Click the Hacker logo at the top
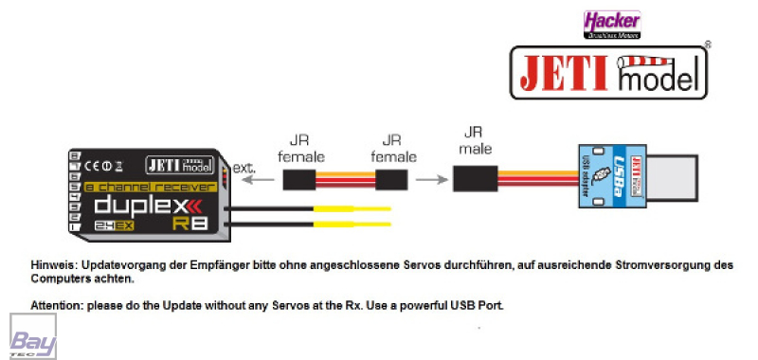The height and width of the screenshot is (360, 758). [x=611, y=23]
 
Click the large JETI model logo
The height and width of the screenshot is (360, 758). [x=610, y=73]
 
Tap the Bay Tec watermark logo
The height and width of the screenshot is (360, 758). [x=32, y=335]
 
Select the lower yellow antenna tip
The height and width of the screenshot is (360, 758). [x=365, y=225]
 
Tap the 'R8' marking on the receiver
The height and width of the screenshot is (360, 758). [x=194, y=224]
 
